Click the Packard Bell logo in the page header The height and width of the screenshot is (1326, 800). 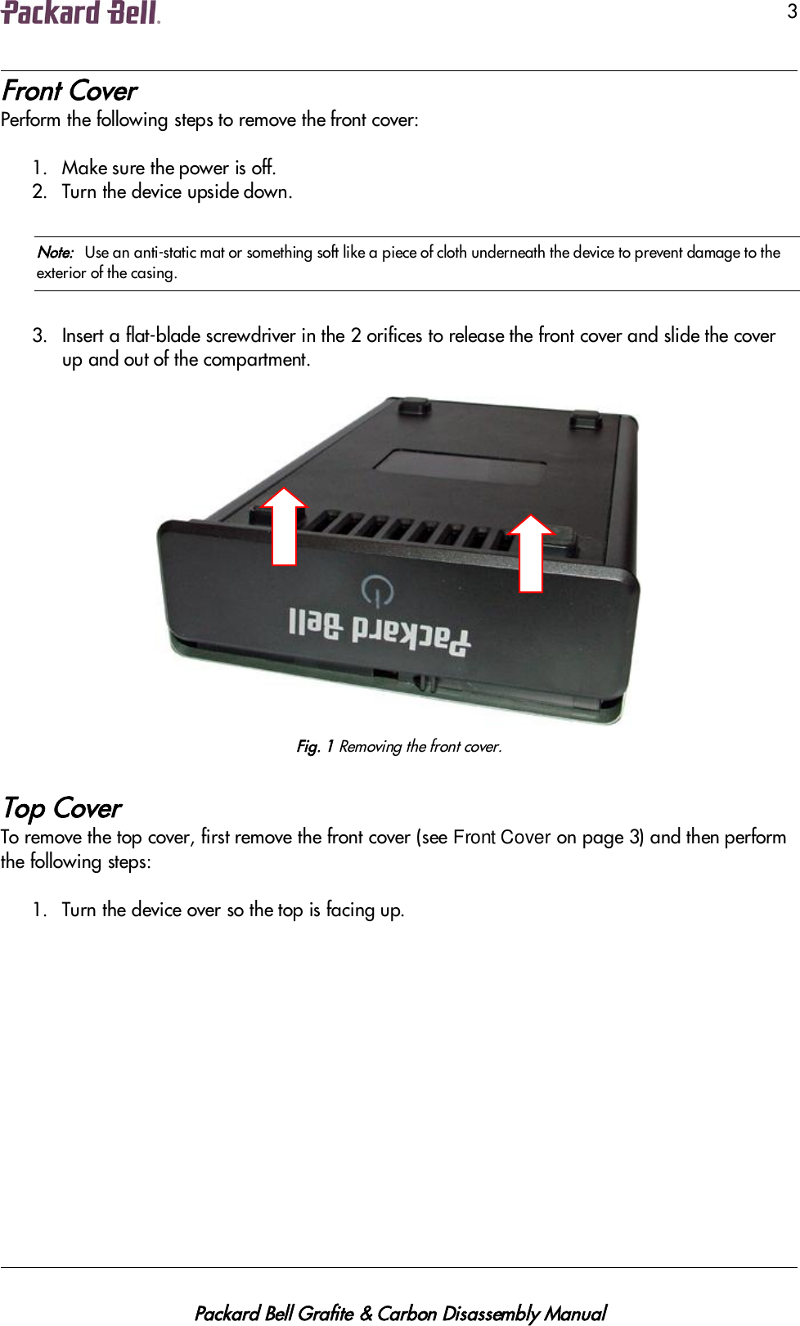point(80,13)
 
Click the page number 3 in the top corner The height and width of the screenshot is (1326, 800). point(791,11)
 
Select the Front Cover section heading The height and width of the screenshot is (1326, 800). point(70,91)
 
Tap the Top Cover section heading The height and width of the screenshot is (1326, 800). point(62,808)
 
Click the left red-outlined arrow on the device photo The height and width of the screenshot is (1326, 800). point(284,527)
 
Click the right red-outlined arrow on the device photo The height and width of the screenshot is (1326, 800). point(531,553)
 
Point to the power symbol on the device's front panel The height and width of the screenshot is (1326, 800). point(377,590)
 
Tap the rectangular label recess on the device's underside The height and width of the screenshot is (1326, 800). point(461,468)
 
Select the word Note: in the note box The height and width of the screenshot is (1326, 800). point(55,253)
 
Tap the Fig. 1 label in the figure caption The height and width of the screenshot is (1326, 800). point(315,746)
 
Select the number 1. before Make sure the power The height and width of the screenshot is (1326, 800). point(40,168)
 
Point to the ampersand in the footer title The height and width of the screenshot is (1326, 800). point(366,1291)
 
